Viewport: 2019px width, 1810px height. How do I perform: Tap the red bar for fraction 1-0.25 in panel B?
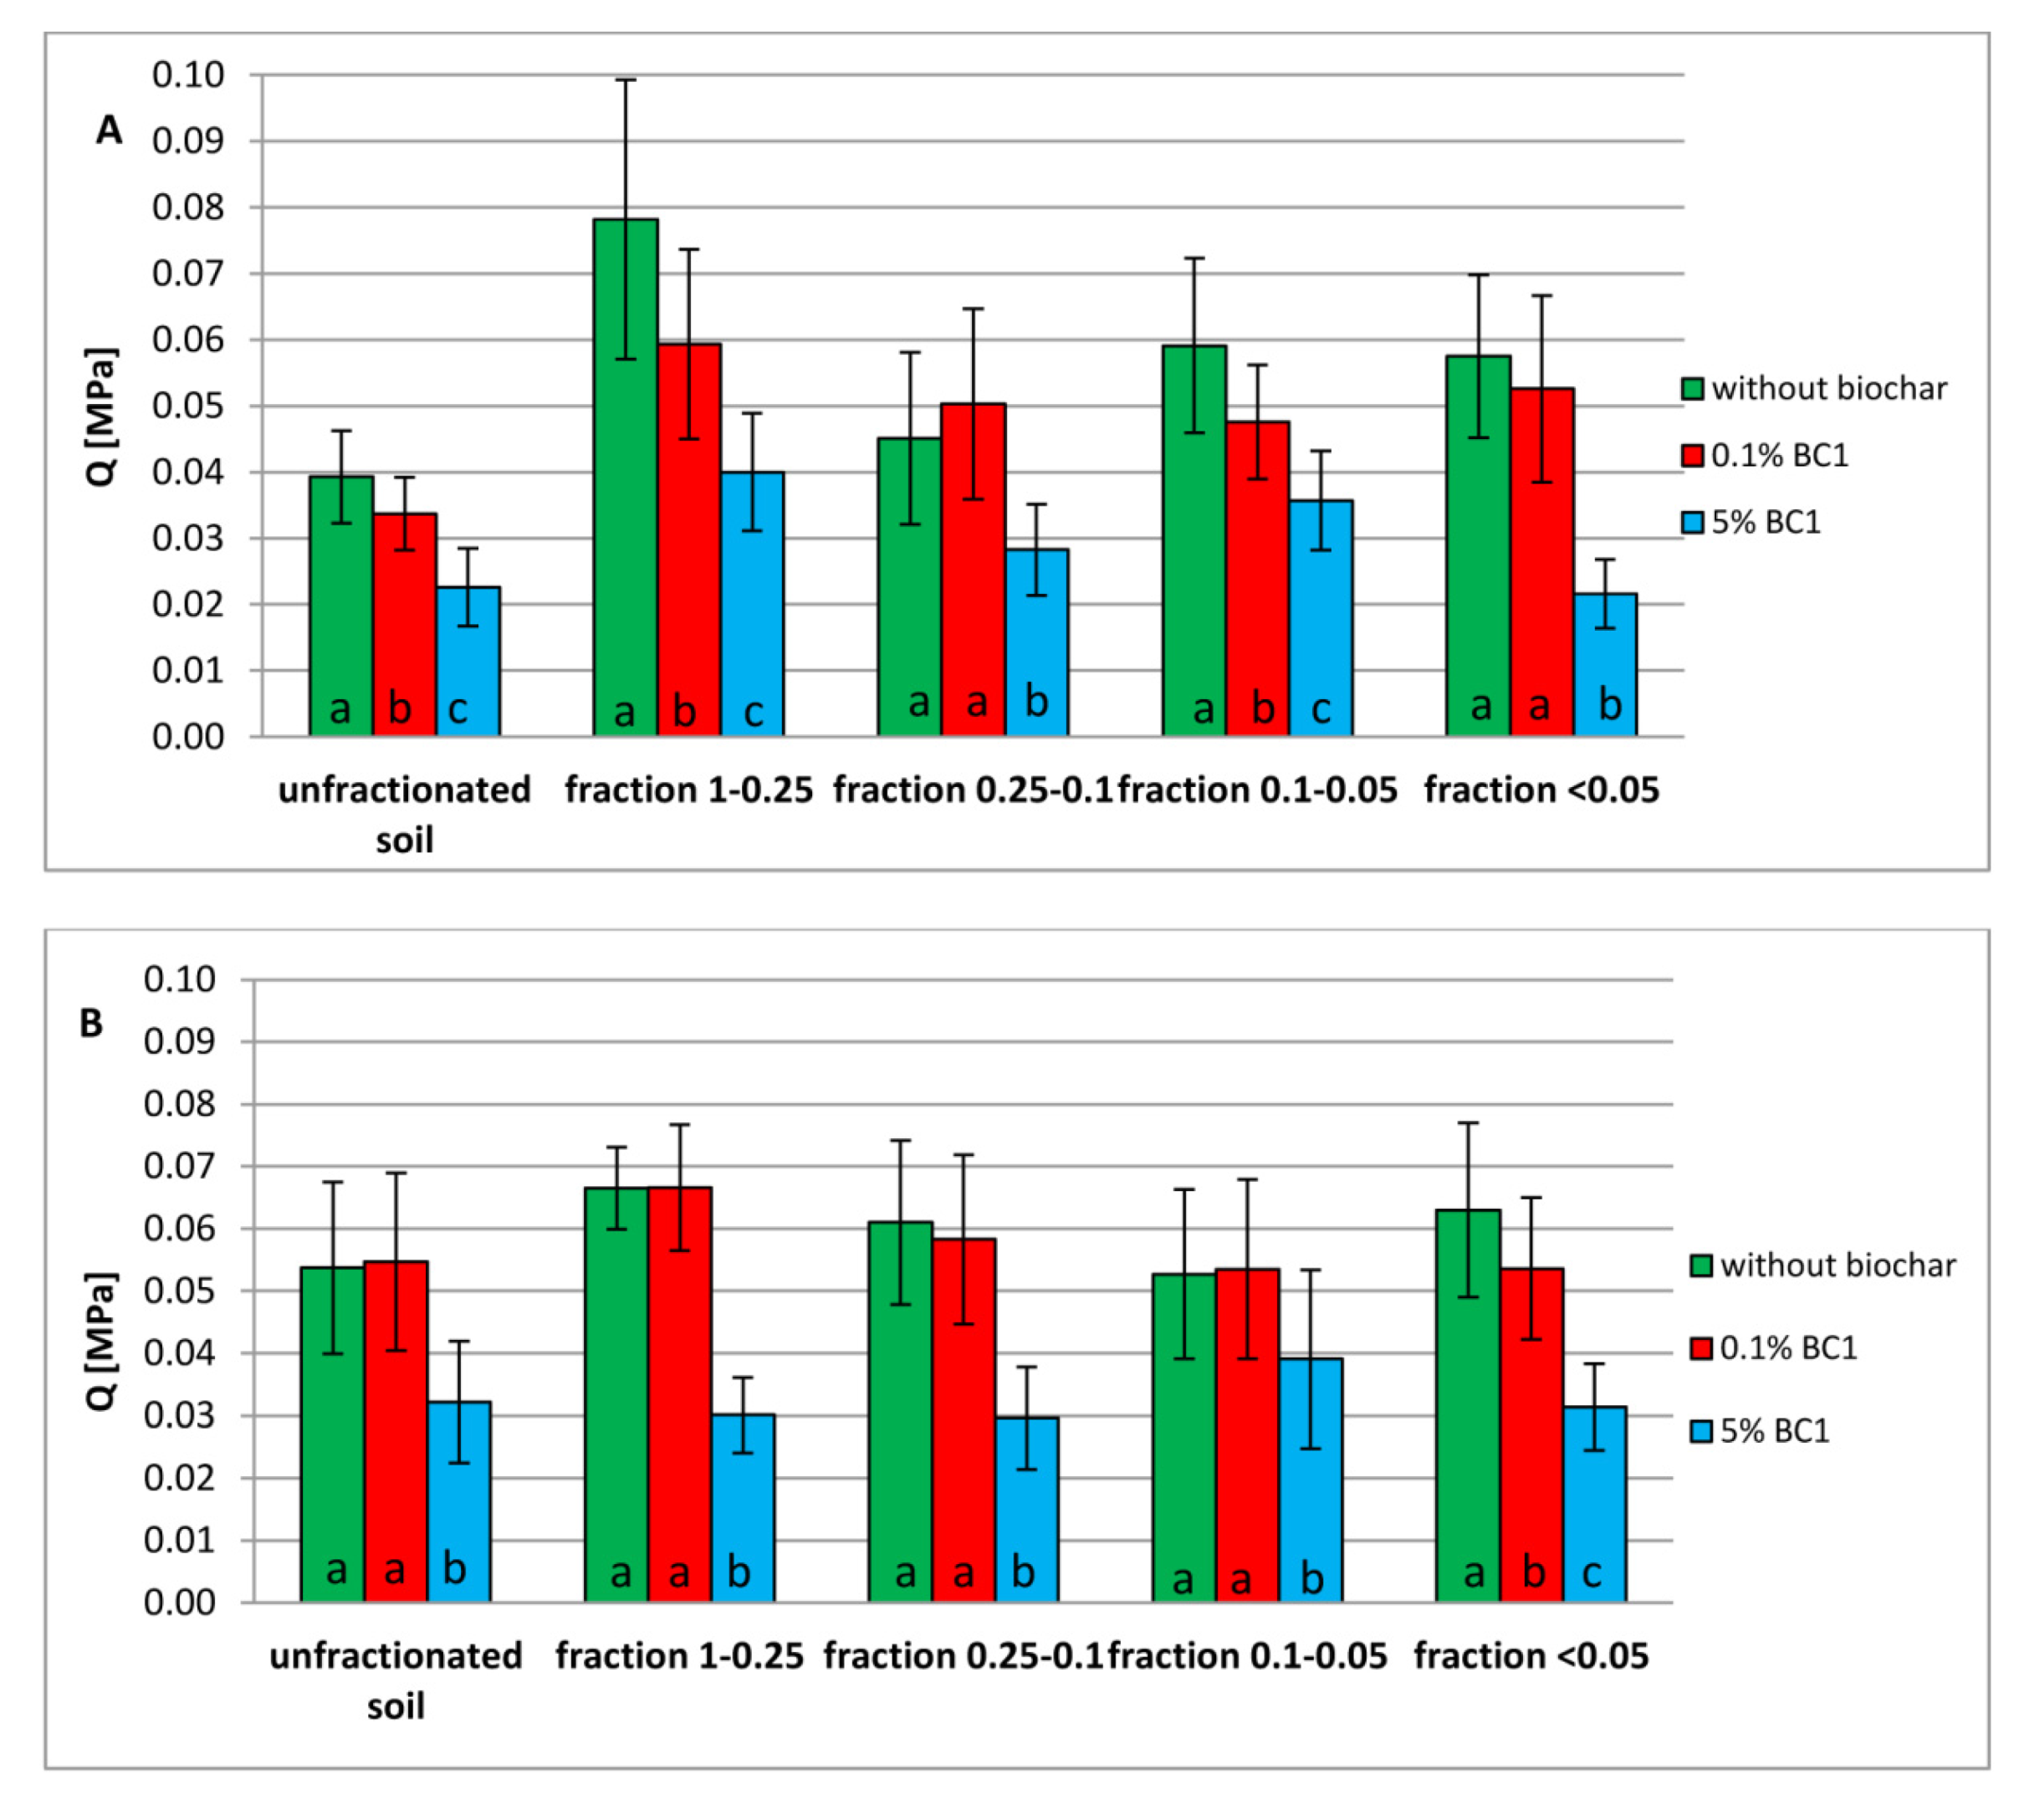click(x=679, y=1393)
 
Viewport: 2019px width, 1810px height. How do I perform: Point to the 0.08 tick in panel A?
click(x=188, y=208)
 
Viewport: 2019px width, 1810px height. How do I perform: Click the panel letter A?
click(x=109, y=130)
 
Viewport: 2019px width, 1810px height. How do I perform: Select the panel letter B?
click(x=90, y=1023)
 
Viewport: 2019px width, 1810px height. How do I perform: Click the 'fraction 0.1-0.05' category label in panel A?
click(x=1257, y=790)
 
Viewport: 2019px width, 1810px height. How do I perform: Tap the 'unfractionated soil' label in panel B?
click(x=396, y=1680)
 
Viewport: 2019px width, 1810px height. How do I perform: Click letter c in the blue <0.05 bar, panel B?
click(x=1592, y=1572)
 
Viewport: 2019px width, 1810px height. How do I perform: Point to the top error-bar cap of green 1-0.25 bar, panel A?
click(x=625, y=79)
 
